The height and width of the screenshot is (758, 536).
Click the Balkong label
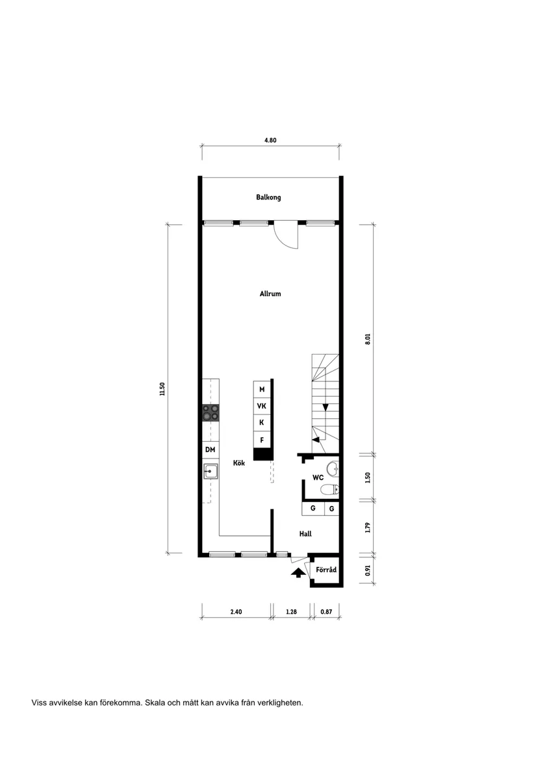tap(268, 197)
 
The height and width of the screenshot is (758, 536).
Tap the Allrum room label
tap(270, 294)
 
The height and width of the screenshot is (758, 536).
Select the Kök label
tap(239, 463)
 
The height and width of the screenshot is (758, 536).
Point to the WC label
tap(318, 477)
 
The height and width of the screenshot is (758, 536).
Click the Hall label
tap(305, 534)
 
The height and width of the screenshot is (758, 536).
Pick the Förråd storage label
tap(326, 570)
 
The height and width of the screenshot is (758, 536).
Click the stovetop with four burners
tap(211, 413)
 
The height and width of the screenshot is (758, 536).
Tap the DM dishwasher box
tap(210, 449)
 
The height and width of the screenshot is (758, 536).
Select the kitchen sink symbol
tap(211, 471)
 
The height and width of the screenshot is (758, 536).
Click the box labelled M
tap(262, 389)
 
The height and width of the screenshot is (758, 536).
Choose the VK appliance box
tap(262, 406)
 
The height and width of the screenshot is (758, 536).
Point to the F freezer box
tap(262, 440)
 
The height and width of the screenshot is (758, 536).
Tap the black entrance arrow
tap(298, 572)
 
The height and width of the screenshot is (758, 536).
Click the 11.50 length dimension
tap(162, 388)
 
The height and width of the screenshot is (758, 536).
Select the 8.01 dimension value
tap(367, 339)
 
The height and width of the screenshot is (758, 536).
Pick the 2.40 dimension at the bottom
tap(235, 611)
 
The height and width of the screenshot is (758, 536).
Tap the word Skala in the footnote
tap(155, 702)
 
